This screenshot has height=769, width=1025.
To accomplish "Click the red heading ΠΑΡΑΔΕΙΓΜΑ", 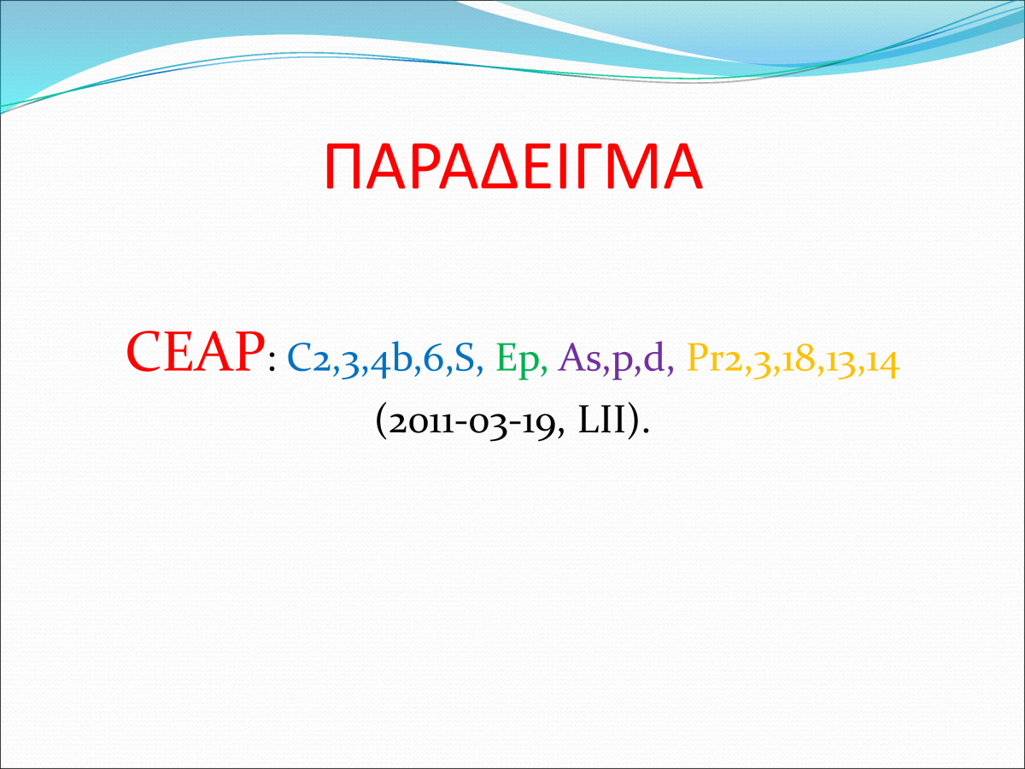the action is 513,167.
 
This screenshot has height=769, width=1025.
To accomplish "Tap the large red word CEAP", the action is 194,351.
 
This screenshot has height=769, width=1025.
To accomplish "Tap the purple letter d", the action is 653,359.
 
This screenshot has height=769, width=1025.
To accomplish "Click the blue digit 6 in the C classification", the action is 433,360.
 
